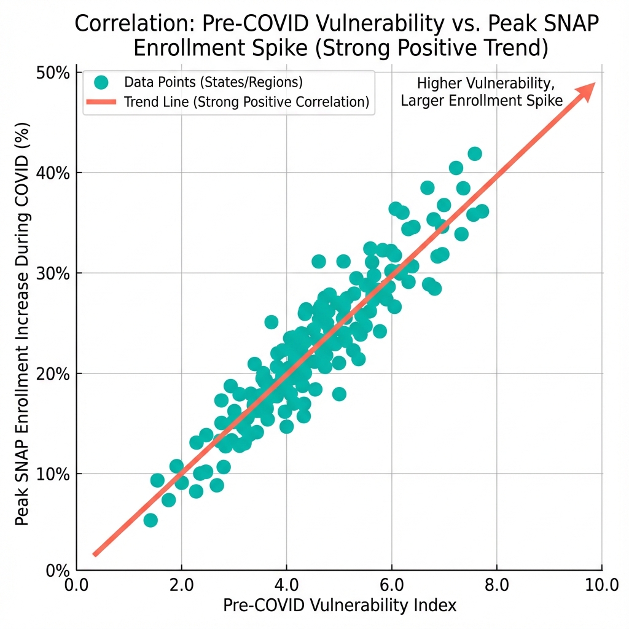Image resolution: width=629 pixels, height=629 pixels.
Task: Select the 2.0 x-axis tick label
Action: click(x=182, y=584)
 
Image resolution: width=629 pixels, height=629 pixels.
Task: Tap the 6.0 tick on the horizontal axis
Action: click(x=392, y=584)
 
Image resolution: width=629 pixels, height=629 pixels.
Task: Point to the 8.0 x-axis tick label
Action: click(x=496, y=584)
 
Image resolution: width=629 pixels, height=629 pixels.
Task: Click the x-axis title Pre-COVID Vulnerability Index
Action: click(x=340, y=606)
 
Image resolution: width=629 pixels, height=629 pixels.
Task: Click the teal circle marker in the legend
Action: click(x=101, y=82)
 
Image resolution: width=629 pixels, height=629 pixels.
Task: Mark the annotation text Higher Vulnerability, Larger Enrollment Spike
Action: click(x=482, y=92)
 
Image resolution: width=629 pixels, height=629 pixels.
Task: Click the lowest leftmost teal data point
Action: click(x=150, y=520)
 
